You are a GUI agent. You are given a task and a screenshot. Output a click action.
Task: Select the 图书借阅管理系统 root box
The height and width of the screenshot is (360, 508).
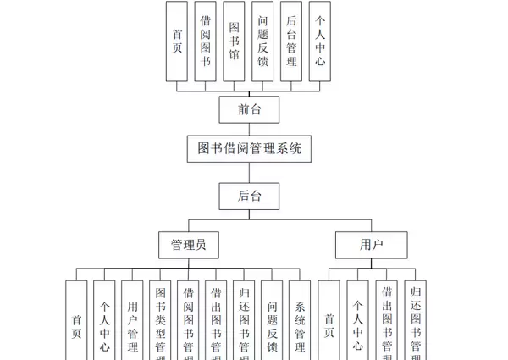tap(249, 149)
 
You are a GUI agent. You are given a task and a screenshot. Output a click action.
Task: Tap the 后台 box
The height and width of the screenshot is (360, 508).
tap(248, 196)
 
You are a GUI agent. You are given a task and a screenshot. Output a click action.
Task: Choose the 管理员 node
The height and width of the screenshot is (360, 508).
tap(188, 246)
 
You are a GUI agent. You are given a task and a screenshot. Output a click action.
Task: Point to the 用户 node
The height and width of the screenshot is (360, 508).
tap(371, 246)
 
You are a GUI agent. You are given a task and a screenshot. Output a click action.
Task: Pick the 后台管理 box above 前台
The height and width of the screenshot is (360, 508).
tap(290, 41)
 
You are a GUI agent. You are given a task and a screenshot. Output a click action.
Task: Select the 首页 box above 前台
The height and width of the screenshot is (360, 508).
tap(177, 41)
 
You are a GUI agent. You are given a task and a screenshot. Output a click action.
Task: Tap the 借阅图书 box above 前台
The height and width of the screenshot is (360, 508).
tap(206, 41)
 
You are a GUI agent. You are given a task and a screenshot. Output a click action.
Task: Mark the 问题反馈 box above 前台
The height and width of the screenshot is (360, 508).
tap(262, 41)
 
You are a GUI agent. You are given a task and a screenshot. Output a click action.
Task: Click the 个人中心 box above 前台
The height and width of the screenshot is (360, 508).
tap(319, 41)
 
